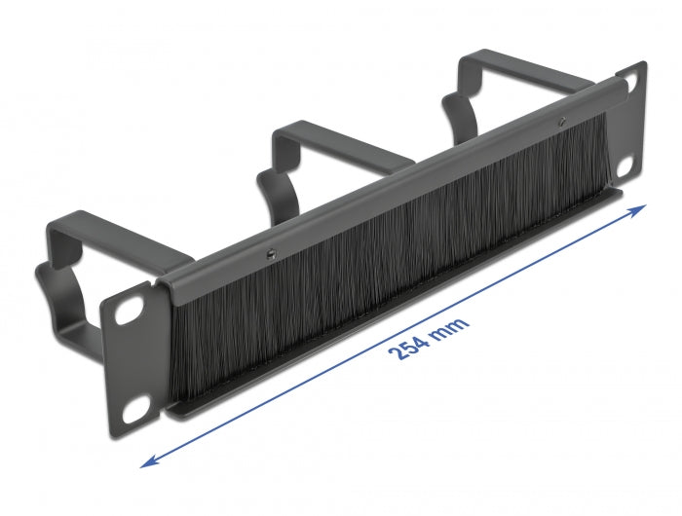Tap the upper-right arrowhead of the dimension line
point(642,208)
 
